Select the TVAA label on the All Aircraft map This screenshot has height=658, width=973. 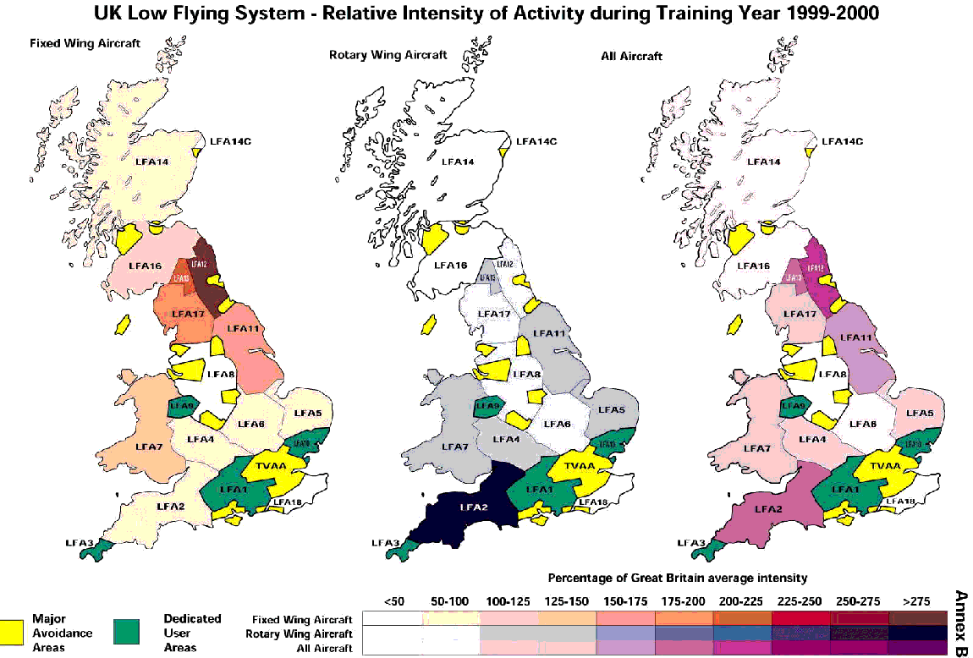pyautogui.click(x=886, y=465)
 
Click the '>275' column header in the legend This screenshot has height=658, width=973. pyautogui.click(x=915, y=601)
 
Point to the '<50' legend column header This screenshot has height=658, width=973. pyautogui.click(x=393, y=601)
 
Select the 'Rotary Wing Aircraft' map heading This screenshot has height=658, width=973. pyautogui.click(x=377, y=56)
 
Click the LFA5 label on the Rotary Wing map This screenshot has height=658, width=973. pyautogui.click(x=613, y=410)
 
